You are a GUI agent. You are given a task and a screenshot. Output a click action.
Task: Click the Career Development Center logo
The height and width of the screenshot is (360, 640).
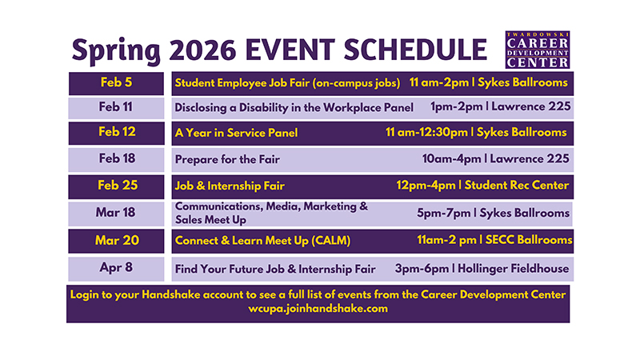coord(538,50)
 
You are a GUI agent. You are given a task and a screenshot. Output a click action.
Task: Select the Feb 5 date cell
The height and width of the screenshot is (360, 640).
coord(118,82)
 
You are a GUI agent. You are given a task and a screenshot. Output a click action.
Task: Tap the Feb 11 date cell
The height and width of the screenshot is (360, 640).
coord(118,107)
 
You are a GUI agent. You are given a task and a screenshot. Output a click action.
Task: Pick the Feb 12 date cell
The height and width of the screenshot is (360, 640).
coord(118,132)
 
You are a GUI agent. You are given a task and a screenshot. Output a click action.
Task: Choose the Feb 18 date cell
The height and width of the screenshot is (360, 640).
coord(118,158)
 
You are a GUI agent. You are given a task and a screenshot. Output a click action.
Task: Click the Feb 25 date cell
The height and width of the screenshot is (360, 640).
coord(118,185)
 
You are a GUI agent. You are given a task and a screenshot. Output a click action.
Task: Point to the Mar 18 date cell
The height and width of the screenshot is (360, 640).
coord(118,213)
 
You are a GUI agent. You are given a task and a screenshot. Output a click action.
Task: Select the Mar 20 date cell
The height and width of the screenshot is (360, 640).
coord(118,240)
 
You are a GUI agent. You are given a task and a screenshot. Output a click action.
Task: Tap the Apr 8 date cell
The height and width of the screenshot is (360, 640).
coord(118,268)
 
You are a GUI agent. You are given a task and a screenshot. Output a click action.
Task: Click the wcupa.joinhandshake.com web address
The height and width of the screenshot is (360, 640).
coord(318,309)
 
